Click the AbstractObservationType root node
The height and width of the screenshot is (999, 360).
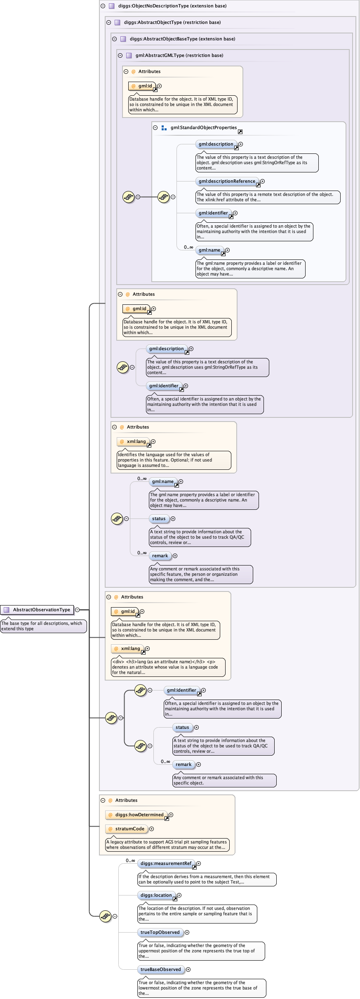(41, 610)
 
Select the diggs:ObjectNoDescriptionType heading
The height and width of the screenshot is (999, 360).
(172, 6)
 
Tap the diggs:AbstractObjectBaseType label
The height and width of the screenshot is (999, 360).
(182, 39)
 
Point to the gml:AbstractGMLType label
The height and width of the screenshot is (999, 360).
(179, 55)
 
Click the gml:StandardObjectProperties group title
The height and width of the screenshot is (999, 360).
(203, 127)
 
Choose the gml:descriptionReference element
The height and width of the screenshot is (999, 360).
(227, 181)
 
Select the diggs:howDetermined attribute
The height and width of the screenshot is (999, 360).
(139, 815)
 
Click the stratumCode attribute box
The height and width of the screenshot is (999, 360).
(129, 829)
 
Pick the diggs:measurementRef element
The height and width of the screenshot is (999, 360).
(166, 863)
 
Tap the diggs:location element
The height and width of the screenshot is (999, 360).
(156, 895)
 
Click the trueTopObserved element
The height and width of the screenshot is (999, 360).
(160, 932)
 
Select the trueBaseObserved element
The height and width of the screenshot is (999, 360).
(160, 969)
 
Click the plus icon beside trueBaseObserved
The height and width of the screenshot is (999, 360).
(188, 969)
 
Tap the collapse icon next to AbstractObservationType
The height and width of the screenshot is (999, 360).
(77, 610)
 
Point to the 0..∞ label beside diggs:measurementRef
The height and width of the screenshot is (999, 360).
(130, 860)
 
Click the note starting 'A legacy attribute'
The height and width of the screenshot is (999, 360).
(167, 844)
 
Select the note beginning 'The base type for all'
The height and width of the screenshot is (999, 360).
(43, 626)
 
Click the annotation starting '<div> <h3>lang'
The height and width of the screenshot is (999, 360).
(168, 667)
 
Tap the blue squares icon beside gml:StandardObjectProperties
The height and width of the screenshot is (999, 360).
(164, 128)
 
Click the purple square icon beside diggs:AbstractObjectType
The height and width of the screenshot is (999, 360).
(117, 22)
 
